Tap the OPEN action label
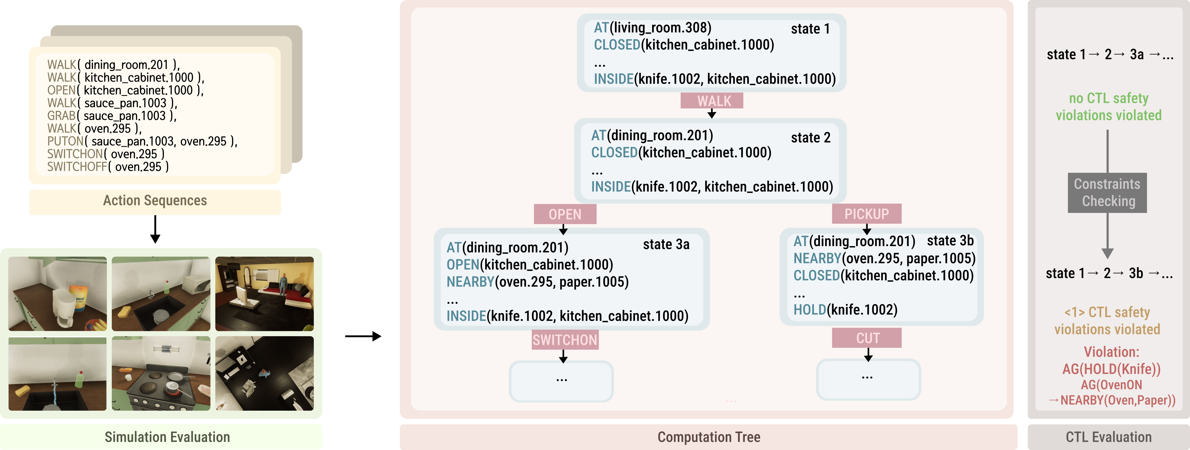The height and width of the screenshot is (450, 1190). coord(564,214)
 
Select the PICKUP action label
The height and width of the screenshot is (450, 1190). coord(866,214)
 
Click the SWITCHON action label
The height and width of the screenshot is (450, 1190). coord(564,340)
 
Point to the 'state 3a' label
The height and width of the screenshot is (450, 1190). coord(666,244)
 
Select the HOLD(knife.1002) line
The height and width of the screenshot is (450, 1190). coord(845,309)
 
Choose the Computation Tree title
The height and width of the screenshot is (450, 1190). coord(708,437)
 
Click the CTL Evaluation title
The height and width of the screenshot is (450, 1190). coord(1108,437)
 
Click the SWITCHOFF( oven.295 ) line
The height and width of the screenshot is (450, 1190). coord(108,167)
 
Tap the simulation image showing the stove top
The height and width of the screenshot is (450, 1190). coord(161,373)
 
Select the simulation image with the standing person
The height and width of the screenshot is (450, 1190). coord(264,294)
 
